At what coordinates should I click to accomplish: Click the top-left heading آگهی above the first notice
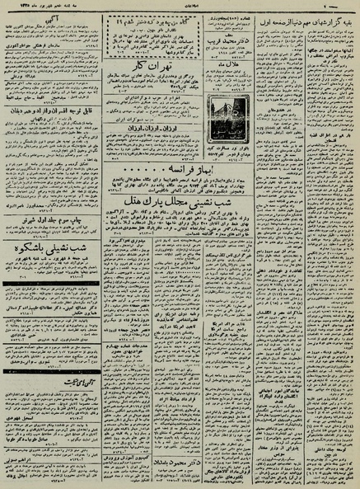[x=58, y=16]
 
